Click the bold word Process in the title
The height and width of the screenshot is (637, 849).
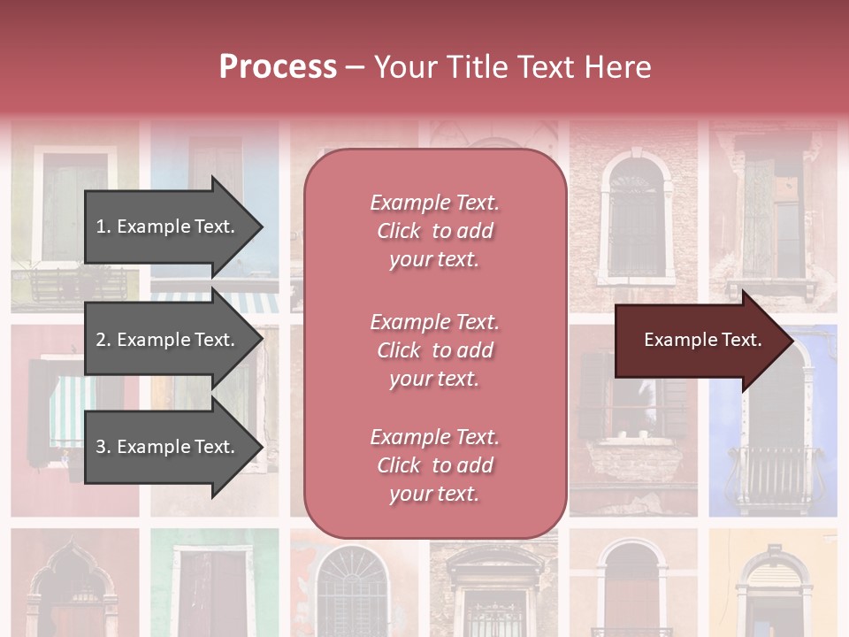tap(278, 66)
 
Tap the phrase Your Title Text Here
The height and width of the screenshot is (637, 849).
tap(512, 67)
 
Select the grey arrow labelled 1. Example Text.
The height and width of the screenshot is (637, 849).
tap(168, 226)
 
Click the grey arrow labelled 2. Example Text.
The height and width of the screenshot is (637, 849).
tap(168, 340)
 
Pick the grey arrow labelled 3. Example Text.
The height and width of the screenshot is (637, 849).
tap(168, 447)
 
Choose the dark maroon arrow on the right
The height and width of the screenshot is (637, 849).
tap(699, 341)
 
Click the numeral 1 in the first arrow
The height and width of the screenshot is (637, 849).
tap(100, 227)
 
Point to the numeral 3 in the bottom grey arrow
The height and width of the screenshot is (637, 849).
tap(101, 448)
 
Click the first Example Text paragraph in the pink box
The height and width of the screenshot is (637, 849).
tap(434, 231)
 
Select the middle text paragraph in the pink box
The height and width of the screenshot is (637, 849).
tap(434, 350)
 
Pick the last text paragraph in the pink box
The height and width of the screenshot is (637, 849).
tap(434, 465)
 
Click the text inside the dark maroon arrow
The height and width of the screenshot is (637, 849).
tap(703, 340)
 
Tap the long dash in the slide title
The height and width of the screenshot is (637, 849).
tap(356, 67)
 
